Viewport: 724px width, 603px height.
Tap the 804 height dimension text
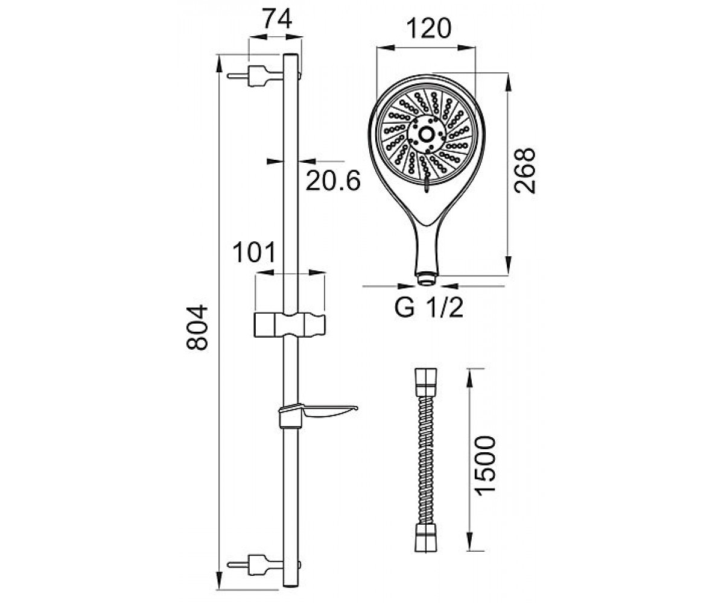pos(197,327)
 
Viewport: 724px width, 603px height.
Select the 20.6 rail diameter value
pos(333,180)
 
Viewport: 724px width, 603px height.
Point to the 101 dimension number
pos(254,252)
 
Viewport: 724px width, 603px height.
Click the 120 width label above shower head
pos(428,28)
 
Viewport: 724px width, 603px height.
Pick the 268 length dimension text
pos(525,171)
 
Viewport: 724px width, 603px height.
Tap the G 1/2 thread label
pos(429,308)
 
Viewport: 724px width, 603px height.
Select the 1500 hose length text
pos(484,466)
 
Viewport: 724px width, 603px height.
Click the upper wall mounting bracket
pos(256,76)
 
